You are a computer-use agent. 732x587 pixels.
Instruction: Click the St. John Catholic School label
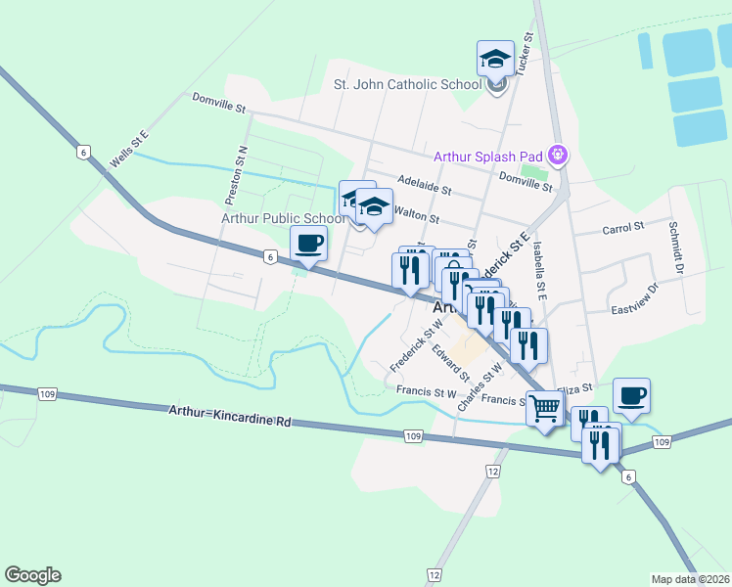[x=408, y=84]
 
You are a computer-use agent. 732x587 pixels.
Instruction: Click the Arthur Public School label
[x=283, y=218]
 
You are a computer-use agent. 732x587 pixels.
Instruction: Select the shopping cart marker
[x=544, y=408]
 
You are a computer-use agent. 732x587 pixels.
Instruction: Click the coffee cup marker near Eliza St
[x=631, y=396]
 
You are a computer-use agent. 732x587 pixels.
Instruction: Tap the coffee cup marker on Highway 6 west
[x=309, y=244]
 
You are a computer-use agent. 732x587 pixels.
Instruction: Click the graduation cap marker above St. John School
[x=495, y=58]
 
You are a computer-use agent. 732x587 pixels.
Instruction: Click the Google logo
[x=32, y=575]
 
